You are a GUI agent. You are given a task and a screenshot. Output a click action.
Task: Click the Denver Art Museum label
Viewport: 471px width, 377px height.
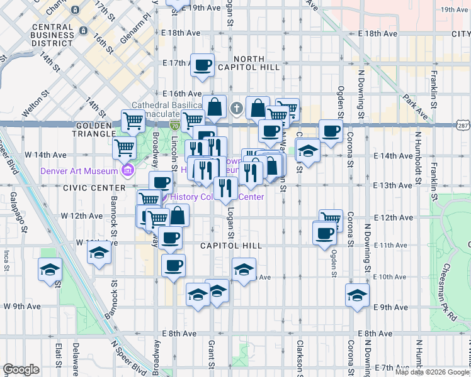point(79,170)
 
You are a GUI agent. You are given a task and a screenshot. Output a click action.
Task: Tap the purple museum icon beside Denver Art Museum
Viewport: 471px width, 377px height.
point(128,170)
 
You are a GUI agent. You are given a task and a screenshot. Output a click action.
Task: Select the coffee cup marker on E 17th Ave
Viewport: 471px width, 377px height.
point(203,66)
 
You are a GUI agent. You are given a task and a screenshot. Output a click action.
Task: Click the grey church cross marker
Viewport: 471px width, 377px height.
point(237,109)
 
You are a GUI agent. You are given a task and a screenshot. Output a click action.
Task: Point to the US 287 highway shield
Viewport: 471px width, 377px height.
point(463,125)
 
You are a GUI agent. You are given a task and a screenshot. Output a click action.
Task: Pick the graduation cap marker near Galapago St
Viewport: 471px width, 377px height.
point(50,270)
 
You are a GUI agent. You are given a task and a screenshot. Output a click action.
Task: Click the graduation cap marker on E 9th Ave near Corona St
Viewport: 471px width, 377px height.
point(357,295)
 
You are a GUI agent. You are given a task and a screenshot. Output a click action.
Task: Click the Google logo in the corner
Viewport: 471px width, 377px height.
point(21,369)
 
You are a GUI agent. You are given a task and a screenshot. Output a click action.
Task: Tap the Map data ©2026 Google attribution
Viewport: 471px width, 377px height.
point(431,372)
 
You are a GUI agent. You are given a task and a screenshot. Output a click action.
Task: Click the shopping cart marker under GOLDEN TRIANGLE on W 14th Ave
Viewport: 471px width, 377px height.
point(125,148)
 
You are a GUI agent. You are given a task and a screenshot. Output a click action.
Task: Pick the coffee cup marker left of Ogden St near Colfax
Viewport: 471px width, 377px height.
point(331,131)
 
